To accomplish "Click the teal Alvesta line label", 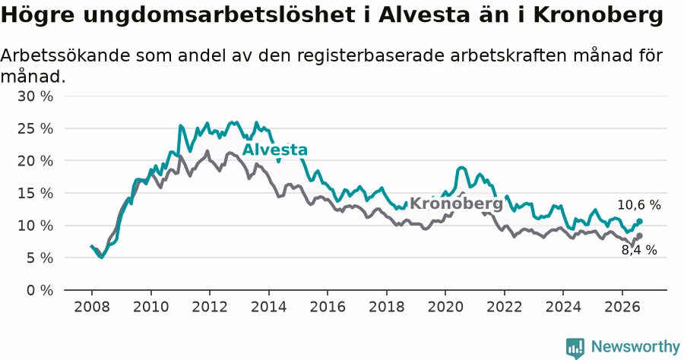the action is click(275, 150).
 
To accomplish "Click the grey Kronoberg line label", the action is click(456, 204).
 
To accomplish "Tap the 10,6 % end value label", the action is click(639, 205).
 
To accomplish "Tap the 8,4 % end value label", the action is click(639, 250).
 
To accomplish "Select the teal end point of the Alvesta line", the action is click(639, 222).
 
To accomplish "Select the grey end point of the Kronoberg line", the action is click(639, 235).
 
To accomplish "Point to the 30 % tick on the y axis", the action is click(35, 96).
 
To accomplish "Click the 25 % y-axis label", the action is click(35, 129).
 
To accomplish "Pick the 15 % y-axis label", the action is click(35, 194).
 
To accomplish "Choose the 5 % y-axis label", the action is click(40, 258).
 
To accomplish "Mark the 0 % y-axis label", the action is click(40, 290).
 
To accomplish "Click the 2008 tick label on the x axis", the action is click(92, 307).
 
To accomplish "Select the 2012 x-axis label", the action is click(210, 307).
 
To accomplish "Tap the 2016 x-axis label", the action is click(328, 307).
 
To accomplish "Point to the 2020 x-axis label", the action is click(445, 307).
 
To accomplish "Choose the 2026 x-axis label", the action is click(622, 307).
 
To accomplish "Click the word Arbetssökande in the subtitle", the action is click(65, 55).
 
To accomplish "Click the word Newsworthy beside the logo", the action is click(635, 347).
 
